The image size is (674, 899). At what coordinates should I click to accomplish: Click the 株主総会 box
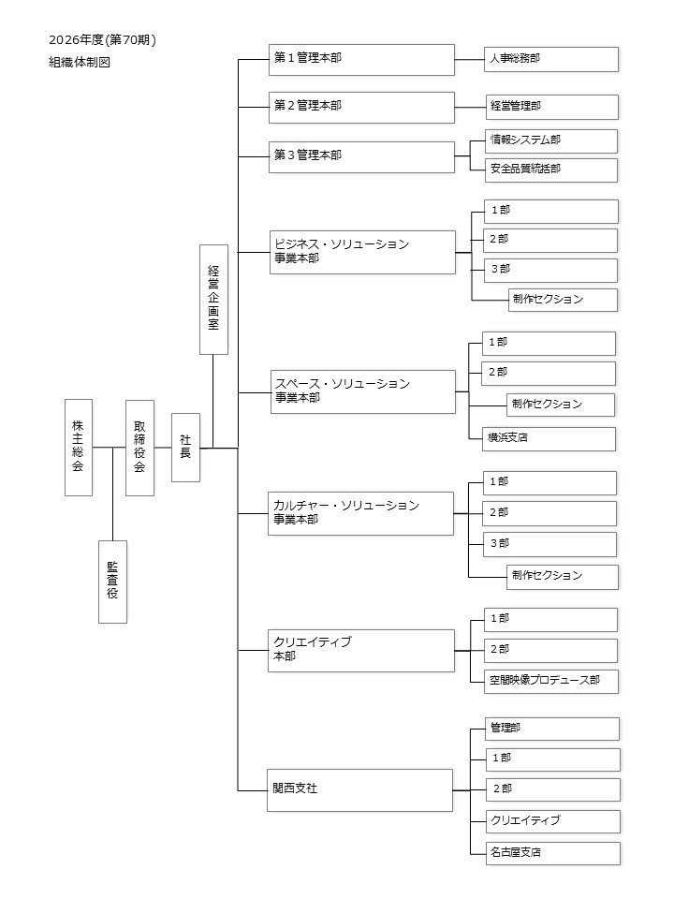(79, 447)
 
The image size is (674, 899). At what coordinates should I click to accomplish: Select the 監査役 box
(112, 582)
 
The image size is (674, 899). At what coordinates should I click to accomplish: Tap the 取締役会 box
(139, 447)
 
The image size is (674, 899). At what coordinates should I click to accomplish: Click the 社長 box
(185, 447)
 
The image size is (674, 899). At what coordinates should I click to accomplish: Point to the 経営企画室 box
(213, 299)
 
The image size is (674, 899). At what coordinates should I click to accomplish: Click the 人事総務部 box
(550, 59)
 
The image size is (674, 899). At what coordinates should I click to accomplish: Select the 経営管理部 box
(550, 107)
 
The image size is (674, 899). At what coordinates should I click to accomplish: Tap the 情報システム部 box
(550, 140)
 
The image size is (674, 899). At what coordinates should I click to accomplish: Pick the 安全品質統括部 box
(550, 169)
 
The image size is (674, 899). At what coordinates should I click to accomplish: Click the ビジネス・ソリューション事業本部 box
(361, 252)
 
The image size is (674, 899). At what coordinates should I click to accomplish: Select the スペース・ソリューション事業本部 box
(361, 391)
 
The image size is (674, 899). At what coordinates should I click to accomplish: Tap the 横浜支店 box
(549, 438)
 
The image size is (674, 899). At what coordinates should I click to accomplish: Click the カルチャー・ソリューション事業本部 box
(360, 513)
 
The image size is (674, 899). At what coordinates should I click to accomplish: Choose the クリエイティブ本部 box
(360, 650)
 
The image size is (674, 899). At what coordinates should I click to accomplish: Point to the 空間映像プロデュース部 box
(550, 681)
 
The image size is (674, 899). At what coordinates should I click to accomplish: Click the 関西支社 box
(360, 789)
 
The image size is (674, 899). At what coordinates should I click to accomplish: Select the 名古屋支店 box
(551, 853)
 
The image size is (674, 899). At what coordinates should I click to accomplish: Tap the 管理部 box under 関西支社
(551, 728)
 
